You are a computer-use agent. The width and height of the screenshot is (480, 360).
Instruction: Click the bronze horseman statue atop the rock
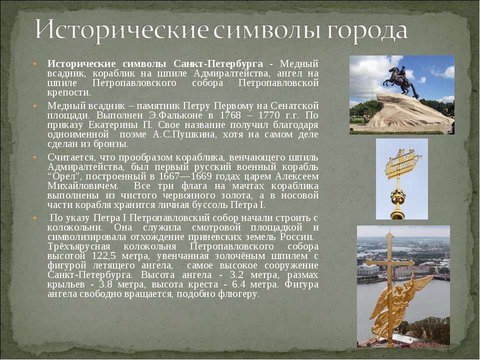[401, 81]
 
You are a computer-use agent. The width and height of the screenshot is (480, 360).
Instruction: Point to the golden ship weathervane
[402, 164]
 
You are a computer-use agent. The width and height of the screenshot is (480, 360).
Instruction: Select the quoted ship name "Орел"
[66, 176]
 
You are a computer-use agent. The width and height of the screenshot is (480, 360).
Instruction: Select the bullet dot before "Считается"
[34, 157]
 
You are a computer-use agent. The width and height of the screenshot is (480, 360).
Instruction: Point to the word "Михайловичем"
[82, 186]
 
